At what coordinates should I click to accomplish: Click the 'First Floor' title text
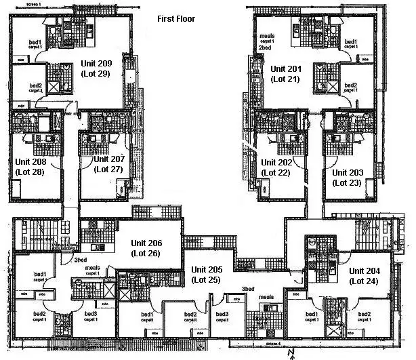tap(176, 19)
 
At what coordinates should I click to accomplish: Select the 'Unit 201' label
tap(287, 69)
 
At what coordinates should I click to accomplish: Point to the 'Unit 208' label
tap(31, 163)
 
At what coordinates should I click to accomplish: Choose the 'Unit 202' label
tap(278, 163)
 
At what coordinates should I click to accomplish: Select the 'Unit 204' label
tap(365, 271)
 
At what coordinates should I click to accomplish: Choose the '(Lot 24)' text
tap(365, 280)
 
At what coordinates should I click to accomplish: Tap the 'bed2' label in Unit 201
tap(350, 85)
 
